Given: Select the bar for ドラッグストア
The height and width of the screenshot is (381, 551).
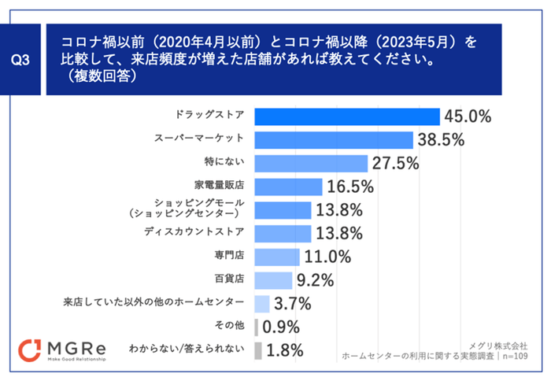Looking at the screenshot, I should click(x=346, y=117).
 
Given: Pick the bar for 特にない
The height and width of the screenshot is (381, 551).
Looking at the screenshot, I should click(x=311, y=163).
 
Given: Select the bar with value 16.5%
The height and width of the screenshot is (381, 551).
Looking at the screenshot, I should click(x=288, y=187).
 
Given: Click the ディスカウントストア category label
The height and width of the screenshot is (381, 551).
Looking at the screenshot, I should click(x=200, y=232).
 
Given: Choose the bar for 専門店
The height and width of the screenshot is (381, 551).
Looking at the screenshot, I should click(x=277, y=257).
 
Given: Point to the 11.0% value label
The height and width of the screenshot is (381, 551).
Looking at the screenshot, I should click(x=327, y=257).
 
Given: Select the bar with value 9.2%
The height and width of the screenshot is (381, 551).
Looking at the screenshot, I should click(x=274, y=279).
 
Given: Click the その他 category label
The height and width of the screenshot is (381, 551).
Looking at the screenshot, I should click(x=231, y=325).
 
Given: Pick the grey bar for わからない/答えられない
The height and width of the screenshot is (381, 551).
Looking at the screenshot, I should click(x=257, y=350).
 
